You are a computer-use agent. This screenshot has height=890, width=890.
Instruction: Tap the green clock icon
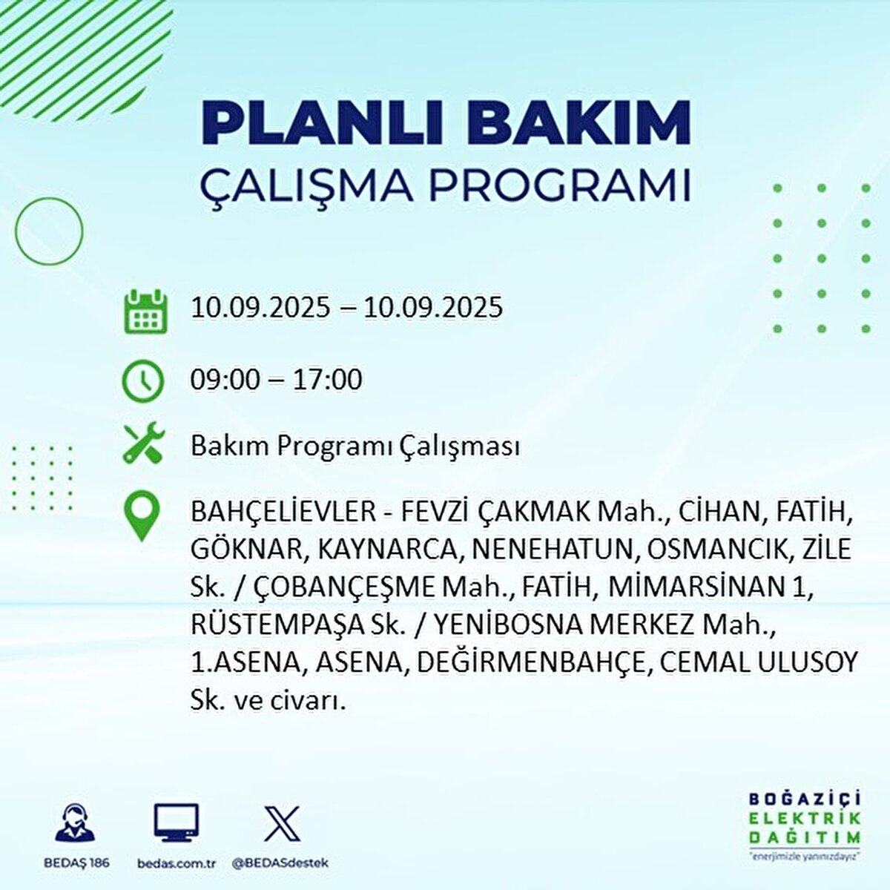142,381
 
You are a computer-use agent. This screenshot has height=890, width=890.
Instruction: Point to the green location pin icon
142,518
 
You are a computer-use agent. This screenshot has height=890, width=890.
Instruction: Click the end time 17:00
328,380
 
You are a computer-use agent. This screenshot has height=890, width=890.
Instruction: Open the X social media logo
282,823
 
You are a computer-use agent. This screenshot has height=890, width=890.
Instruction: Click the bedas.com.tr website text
177,863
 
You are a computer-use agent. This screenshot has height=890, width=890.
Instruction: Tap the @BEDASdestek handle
280,863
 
